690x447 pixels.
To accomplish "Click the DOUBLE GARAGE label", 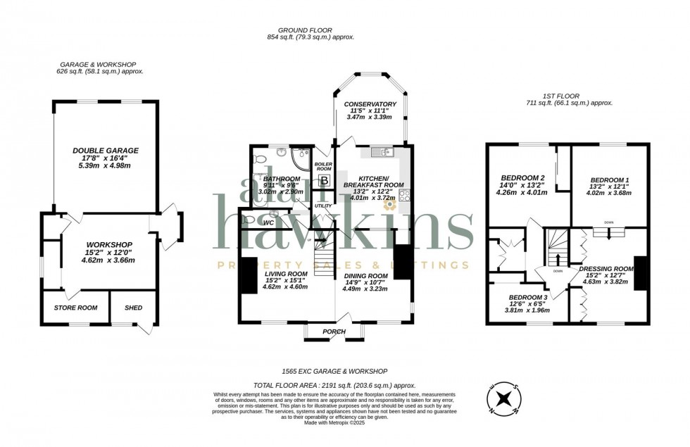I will tap(105, 150).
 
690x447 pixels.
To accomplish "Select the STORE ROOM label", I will tap(75, 308).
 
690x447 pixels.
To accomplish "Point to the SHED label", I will tap(133, 308).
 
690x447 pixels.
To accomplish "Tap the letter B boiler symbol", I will tap(324, 181).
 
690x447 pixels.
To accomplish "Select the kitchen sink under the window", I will tap(384, 151).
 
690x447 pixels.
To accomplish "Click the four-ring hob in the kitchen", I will tap(406, 196).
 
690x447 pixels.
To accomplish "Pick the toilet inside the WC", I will tap(247, 220).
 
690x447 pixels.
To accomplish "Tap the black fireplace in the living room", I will tap(248, 275).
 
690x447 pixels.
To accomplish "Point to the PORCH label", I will tap(334, 332).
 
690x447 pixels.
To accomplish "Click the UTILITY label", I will tap(322, 206).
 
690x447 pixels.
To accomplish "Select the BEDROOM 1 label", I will tap(609, 180).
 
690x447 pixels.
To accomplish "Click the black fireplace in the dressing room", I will tap(639, 273).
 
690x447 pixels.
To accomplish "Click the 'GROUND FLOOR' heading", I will tap(310, 30).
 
